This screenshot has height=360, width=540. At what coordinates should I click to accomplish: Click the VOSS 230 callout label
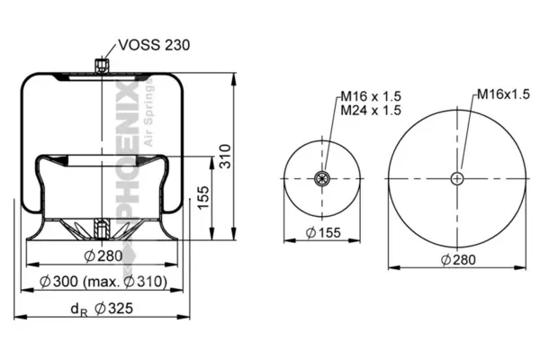[154, 45]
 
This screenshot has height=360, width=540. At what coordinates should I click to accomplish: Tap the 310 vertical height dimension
[225, 157]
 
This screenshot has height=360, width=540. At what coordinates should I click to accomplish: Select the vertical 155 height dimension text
[203, 197]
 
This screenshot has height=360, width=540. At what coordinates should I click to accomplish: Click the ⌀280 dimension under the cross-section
[103, 256]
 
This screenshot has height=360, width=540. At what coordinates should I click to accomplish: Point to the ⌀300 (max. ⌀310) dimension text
[103, 282]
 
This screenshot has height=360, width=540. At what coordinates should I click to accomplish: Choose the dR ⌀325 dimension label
[102, 309]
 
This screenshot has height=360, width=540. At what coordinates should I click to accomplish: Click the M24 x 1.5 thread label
[371, 110]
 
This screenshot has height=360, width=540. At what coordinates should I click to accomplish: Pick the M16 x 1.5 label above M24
[371, 96]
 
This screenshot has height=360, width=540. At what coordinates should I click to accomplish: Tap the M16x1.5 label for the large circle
[503, 94]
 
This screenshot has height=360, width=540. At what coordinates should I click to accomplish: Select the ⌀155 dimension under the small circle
[323, 233]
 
